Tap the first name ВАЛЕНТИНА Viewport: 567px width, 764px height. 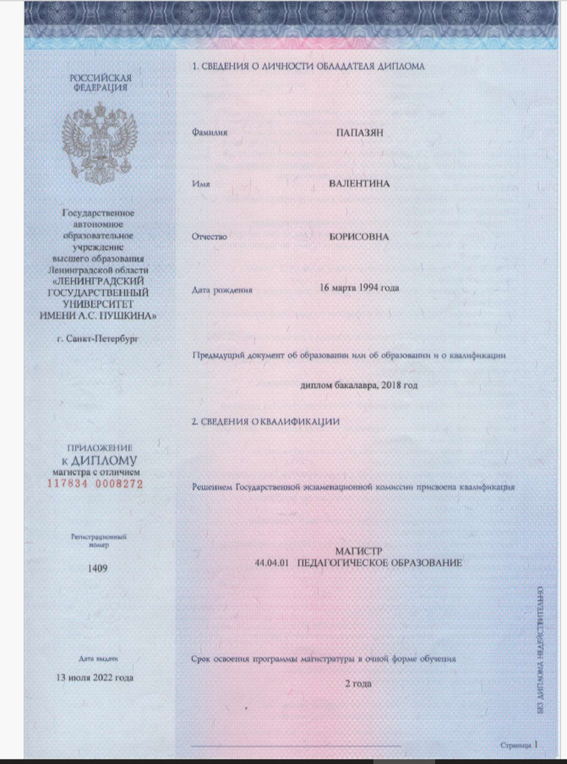(359, 184)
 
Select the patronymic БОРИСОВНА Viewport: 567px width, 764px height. (359, 237)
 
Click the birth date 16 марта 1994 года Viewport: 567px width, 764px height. (359, 288)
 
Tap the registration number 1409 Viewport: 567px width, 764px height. (98, 569)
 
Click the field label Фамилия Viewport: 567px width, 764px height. (210, 134)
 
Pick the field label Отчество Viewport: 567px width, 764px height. (210, 237)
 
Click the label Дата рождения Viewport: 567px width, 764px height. (222, 290)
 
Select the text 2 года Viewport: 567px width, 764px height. (358, 683)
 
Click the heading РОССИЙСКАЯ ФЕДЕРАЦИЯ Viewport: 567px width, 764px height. (100, 82)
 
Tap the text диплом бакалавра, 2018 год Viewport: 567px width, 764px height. (359, 385)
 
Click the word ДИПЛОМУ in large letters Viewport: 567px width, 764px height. (104, 461)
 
